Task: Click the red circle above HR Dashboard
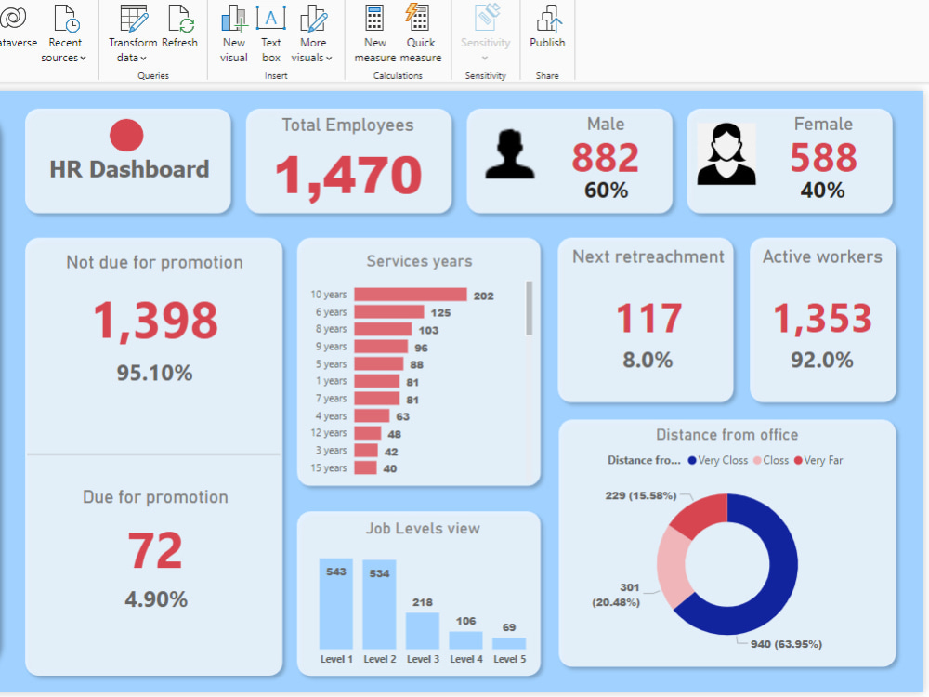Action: click(x=126, y=136)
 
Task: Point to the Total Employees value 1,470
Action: click(x=348, y=175)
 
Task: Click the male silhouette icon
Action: click(x=510, y=154)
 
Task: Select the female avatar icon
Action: click(x=726, y=155)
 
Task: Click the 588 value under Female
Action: click(x=822, y=157)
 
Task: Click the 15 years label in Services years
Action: click(x=330, y=468)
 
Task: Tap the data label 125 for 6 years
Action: click(x=440, y=313)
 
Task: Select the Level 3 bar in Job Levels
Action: click(x=423, y=631)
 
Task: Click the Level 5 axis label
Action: click(x=509, y=659)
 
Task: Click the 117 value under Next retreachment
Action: click(x=648, y=319)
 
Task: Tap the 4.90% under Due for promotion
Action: click(x=156, y=599)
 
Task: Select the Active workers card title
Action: click(x=822, y=256)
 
